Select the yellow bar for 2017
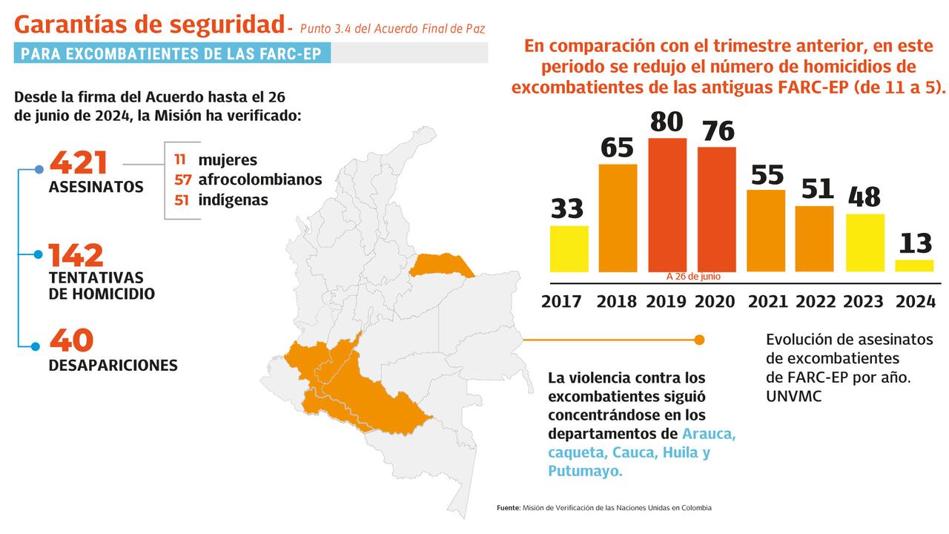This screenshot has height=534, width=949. pos(569,248)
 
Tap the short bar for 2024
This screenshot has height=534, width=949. pos(914,266)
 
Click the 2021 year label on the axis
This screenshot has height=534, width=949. pos(766,302)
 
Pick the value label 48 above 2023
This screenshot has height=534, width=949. pos(864,197)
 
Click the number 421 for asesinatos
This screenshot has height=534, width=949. pos(79,163)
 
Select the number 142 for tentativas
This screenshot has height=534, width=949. pos(76,256)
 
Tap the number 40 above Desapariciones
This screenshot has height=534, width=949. pos(71,340)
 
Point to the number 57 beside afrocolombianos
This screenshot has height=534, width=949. pos(182,180)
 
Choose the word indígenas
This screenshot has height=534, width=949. pos(233,200)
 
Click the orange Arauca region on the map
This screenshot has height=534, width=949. pos(441,265)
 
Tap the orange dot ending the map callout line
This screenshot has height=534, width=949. pos(698,340)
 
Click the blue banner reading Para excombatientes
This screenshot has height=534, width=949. pos(172,53)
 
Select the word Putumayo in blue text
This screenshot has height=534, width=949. pos(584,471)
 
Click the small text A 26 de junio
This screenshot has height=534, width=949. pos(693,277)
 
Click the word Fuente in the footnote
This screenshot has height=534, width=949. pos(509,508)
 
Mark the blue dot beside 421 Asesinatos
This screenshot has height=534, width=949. pos(39,170)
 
